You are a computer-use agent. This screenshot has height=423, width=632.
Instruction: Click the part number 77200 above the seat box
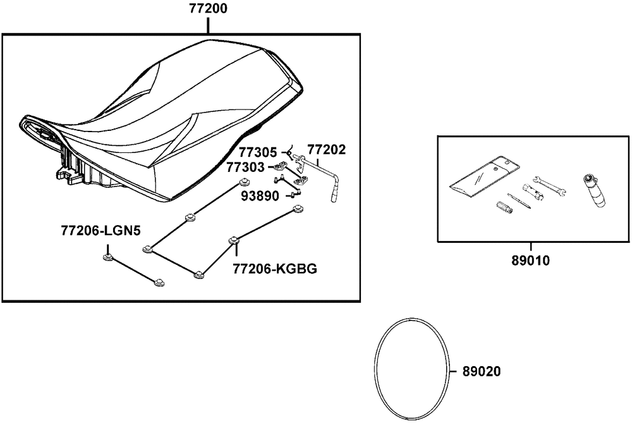click(x=209, y=9)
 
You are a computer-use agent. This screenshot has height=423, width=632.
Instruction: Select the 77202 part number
click(x=327, y=151)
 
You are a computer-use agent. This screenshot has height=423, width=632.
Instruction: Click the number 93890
click(x=259, y=196)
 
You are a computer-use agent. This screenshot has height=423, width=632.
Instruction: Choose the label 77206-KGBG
click(x=275, y=268)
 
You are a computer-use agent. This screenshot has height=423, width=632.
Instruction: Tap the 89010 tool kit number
click(x=532, y=260)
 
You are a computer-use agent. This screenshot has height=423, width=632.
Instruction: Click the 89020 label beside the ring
click(x=482, y=372)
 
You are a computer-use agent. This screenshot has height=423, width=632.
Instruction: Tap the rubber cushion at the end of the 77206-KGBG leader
click(x=234, y=240)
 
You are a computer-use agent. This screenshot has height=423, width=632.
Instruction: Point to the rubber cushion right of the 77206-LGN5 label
click(x=107, y=257)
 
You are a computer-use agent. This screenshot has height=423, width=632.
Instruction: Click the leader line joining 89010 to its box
click(x=532, y=248)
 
